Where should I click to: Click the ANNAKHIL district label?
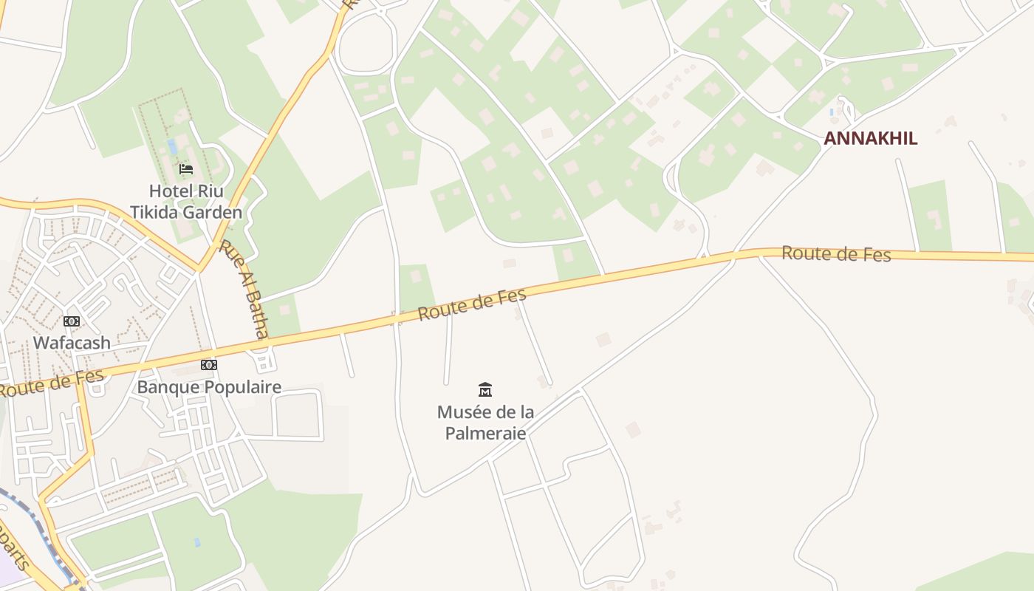tap(870, 138)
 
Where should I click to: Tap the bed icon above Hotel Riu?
tap(186, 169)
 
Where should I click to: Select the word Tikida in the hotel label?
tap(154, 213)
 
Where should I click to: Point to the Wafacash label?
tap(72, 343)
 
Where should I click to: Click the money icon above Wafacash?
tap(72, 321)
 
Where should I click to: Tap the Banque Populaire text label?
tap(209, 387)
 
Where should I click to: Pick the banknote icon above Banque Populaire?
tap(209, 365)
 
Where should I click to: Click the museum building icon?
tap(485, 389)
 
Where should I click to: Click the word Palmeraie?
tap(485, 433)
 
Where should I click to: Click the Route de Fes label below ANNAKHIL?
tap(836, 254)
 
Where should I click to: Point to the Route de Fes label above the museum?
tap(472, 304)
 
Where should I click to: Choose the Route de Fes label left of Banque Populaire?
tap(52, 383)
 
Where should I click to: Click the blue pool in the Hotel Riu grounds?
tap(172, 146)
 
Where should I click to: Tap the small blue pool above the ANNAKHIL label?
tap(832, 112)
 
